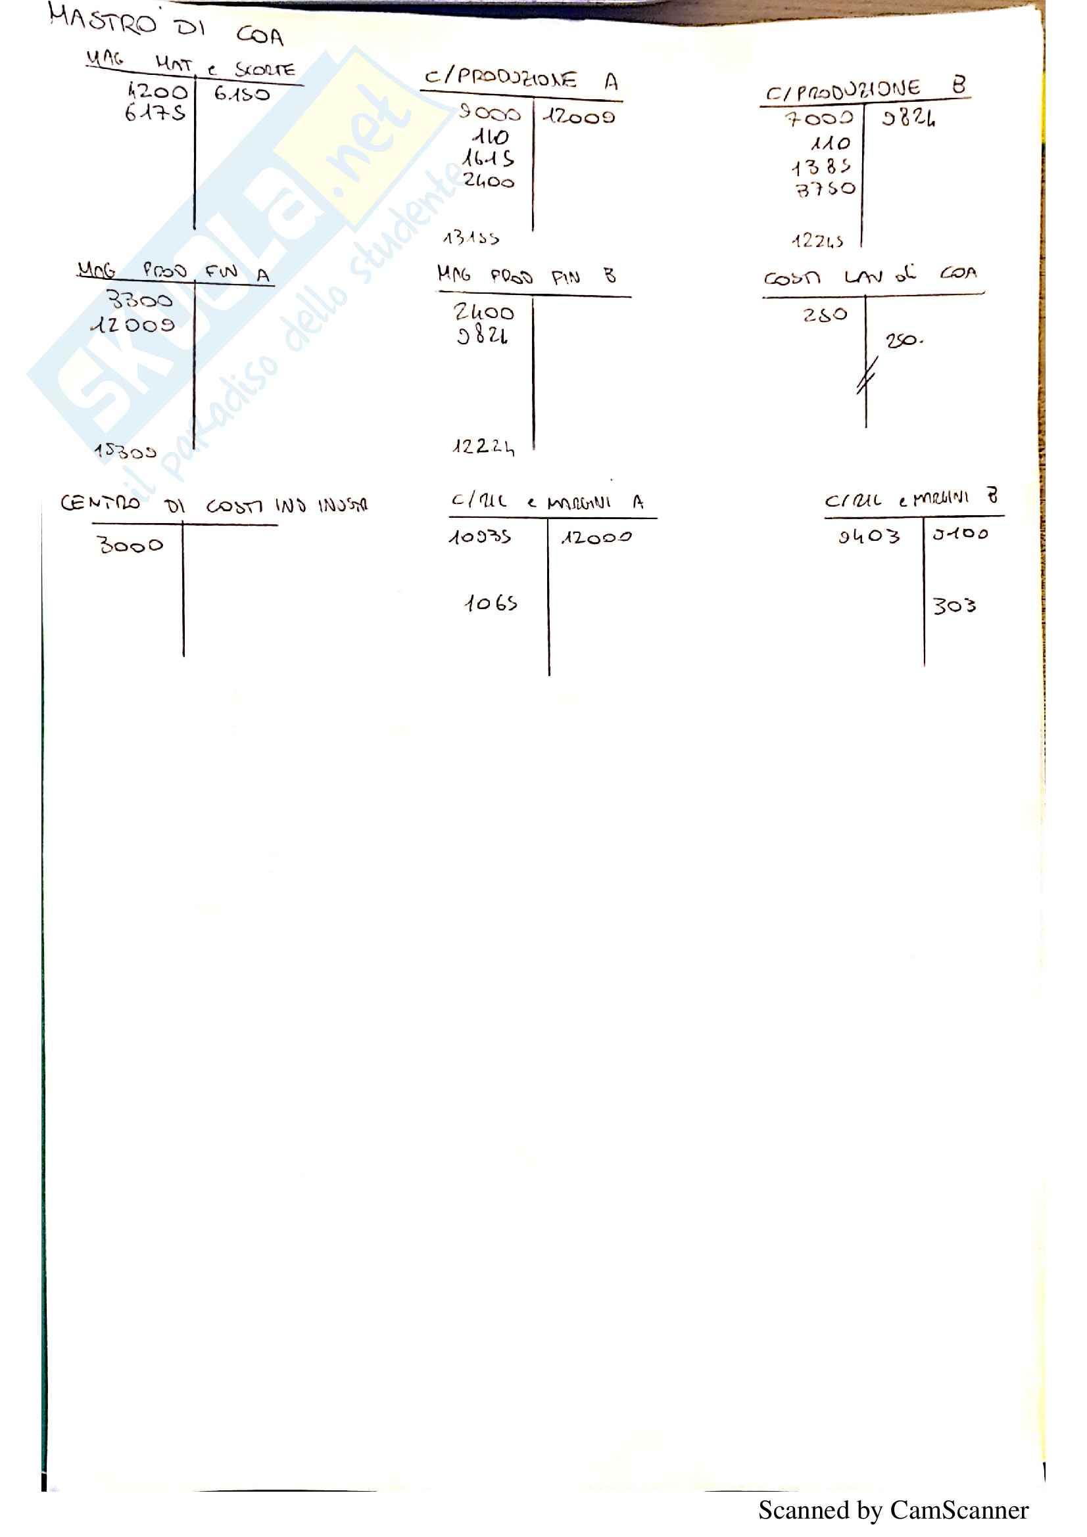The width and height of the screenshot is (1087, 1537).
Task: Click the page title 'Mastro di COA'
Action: pyautogui.click(x=166, y=26)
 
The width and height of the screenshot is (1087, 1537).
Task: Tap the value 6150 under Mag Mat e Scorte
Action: pyautogui.click(x=242, y=94)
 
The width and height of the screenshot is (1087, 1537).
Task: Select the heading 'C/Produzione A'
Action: pyautogui.click(x=520, y=79)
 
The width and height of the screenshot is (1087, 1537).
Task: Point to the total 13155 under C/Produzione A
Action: pyautogui.click(x=471, y=238)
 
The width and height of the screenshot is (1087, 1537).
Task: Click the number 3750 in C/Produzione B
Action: pyautogui.click(x=825, y=189)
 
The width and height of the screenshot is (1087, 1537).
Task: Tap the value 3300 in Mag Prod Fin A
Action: pyautogui.click(x=139, y=299)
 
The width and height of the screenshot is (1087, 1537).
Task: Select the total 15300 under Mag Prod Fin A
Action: pyautogui.click(x=125, y=452)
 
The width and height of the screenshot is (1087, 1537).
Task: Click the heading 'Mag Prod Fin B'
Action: pyautogui.click(x=526, y=276)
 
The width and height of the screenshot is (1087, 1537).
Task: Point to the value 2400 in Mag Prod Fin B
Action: pyautogui.click(x=483, y=312)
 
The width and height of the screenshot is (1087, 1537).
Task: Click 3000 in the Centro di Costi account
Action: pyautogui.click(x=130, y=545)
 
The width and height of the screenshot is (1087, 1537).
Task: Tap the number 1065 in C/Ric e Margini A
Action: pyautogui.click(x=491, y=604)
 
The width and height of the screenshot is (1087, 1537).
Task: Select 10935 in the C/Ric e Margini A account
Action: pyautogui.click(x=480, y=537)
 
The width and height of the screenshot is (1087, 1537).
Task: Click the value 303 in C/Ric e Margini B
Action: pyautogui.click(x=954, y=606)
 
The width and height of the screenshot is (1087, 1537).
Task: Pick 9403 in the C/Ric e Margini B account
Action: pyautogui.click(x=869, y=536)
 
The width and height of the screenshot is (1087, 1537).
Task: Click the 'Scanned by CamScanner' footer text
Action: pyautogui.click(x=893, y=1511)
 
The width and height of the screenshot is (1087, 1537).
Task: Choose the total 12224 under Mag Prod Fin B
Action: pyautogui.click(x=483, y=446)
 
